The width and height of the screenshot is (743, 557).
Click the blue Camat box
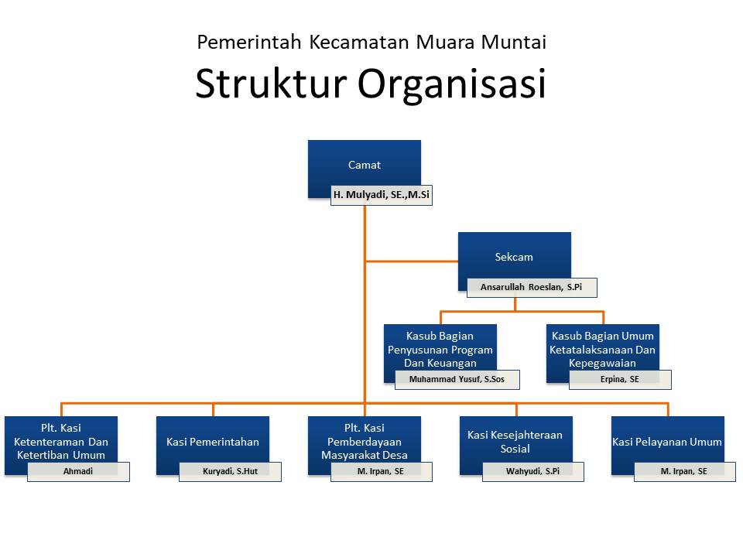pos(364,164)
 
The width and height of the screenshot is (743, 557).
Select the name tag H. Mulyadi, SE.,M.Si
pos(381,196)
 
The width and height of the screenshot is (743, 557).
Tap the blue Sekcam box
pos(514,256)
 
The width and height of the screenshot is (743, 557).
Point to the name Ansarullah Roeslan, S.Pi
pos(531,288)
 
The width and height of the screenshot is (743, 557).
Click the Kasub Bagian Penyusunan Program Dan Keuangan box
pos(440,349)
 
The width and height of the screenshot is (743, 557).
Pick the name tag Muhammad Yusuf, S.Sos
pos(457,380)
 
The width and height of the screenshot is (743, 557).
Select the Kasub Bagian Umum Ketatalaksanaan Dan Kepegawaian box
pos(602,349)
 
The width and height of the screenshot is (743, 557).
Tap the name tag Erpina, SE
pos(619,380)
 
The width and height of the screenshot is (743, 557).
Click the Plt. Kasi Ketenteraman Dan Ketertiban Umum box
pos(60,441)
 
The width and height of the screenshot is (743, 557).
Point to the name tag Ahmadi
pos(77,471)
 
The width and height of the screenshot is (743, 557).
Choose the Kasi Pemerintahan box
pos(212,442)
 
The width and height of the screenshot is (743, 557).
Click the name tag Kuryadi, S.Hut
pos(230,471)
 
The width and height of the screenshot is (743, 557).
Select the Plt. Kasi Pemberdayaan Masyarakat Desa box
pos(364,441)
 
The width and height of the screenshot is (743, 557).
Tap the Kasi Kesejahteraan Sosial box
pos(515,442)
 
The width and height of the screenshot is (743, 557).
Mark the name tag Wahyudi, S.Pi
pos(532,471)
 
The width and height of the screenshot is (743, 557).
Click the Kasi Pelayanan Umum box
pos(667,442)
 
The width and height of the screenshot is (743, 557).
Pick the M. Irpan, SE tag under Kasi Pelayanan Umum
pos(684,471)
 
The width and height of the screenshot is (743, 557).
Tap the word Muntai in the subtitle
pos(513,42)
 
